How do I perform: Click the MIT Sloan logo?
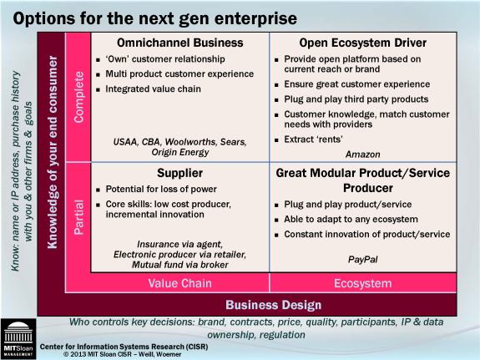pyautogui.click(x=18, y=339)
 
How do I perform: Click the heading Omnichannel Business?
pyautogui.click(x=180, y=43)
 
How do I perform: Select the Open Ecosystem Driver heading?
pyautogui.click(x=363, y=43)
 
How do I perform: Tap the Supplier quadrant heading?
pyautogui.click(x=180, y=173)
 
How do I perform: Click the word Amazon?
pyautogui.click(x=363, y=155)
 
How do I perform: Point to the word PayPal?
pyautogui.click(x=363, y=260)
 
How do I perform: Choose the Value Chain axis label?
pyautogui.click(x=180, y=283)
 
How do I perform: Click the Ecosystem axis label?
pyautogui.click(x=363, y=283)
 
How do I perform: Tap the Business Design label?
pyautogui.click(x=274, y=305)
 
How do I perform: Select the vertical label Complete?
pyautogui.click(x=78, y=97)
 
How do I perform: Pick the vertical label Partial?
pyautogui.click(x=78, y=217)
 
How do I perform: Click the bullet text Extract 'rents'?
pyautogui.click(x=313, y=139)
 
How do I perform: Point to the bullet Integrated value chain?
pyautogui.click(x=153, y=89)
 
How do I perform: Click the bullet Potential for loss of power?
pyautogui.click(x=161, y=189)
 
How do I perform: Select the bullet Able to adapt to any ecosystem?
pyautogui.click(x=351, y=220)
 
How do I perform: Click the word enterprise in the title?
pyautogui.click(x=255, y=19)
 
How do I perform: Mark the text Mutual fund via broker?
pyautogui.click(x=180, y=265)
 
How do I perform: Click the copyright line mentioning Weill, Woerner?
pyautogui.click(x=122, y=354)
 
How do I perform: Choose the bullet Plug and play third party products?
pyautogui.click(x=356, y=99)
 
